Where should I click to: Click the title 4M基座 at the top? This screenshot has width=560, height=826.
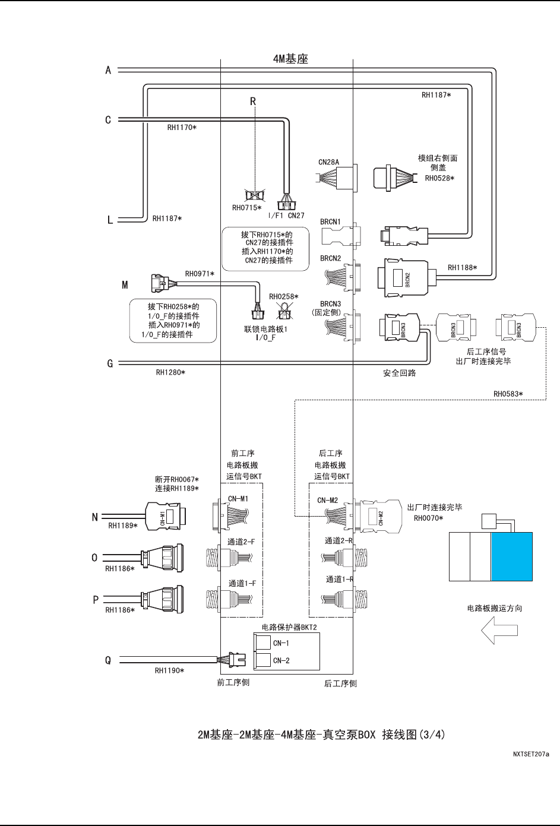[290, 59]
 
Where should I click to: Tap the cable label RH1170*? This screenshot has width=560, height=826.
[182, 127]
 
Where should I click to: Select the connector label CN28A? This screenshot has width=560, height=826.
[328, 162]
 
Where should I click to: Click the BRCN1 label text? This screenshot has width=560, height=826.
[330, 222]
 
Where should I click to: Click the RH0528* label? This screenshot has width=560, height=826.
[439, 178]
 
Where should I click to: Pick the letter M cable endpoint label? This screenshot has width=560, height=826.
[125, 285]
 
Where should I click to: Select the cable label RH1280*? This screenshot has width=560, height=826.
[170, 373]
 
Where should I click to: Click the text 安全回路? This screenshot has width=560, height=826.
[399, 374]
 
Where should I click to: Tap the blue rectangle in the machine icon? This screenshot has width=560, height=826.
[511, 556]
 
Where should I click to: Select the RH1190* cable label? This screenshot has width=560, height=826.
[169, 670]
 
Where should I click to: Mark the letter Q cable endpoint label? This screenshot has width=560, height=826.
[108, 660]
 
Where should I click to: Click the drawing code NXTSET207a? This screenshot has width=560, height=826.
[531, 754]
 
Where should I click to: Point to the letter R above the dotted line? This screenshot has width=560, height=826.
[252, 102]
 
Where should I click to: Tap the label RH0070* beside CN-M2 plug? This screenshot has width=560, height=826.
[428, 518]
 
